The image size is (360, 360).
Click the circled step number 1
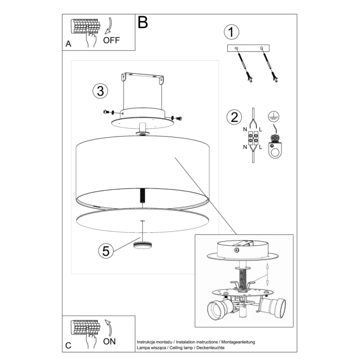[231, 32]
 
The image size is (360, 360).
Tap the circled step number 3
[99, 91]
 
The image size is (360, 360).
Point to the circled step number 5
[106, 251]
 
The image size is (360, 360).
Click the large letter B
[142, 22]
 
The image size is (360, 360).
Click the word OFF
[111, 40]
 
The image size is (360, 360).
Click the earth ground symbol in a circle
[272, 117]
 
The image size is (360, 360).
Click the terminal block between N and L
[253, 140]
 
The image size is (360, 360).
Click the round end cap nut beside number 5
[142, 245]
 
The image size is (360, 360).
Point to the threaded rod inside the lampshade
[142, 196]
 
